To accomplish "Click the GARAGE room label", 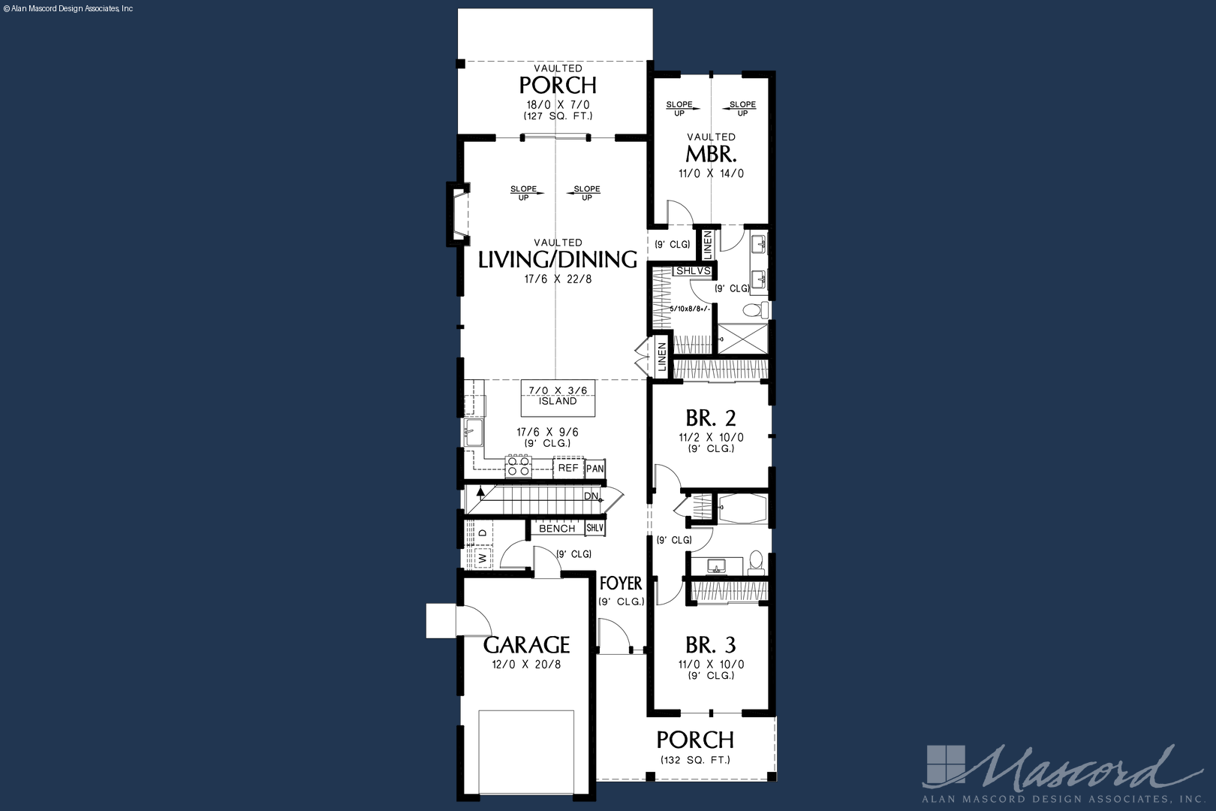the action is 526,645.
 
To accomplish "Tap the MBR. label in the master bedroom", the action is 711,155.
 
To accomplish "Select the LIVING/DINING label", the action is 558,260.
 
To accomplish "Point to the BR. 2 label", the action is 711,418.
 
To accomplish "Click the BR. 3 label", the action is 711,645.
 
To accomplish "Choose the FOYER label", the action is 621,583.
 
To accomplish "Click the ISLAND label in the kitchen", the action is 558,402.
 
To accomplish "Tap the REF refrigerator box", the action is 568,468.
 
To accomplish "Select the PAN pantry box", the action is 595,469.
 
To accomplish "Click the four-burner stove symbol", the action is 518,466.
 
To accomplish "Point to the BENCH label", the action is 557,529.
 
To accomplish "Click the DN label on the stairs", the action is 591,496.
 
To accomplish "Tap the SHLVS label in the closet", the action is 694,270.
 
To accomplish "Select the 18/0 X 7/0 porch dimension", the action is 558,105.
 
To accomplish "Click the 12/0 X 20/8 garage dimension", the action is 527,665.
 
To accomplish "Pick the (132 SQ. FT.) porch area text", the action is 695,760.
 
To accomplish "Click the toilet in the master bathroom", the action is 755,310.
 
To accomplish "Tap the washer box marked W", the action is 483,557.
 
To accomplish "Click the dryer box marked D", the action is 483,533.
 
